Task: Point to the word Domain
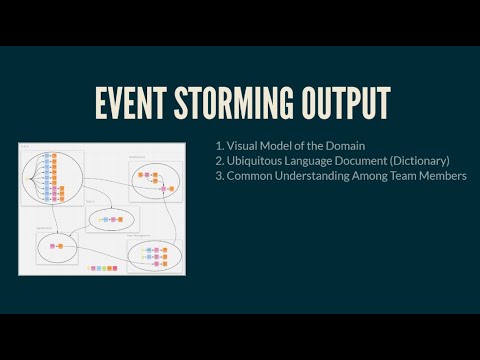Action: pyautogui.click(x=344, y=146)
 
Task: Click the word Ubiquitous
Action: pyautogui.click(x=259, y=161)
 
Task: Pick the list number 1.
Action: pyautogui.click(x=220, y=146)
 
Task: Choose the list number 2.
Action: pyautogui.click(x=220, y=161)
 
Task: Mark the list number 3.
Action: pyautogui.click(x=220, y=176)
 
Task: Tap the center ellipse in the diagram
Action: pyautogui.click(x=111, y=218)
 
